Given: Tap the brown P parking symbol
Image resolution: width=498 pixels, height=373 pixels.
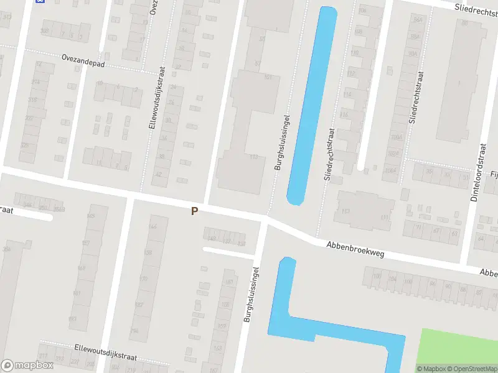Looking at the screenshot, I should [194, 211].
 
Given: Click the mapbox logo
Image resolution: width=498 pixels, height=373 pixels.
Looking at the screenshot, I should [27, 365].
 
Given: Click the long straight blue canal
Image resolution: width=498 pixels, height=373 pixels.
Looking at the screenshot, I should [309, 106].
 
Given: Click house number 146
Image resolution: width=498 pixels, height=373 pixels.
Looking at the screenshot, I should [153, 226].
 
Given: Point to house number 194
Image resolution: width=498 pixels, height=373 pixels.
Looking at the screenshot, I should [134, 330].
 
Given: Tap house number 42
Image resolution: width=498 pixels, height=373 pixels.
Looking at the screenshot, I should [158, 175].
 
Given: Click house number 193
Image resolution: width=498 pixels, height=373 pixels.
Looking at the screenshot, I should [72, 319].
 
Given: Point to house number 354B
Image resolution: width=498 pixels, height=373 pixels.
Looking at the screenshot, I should [59, 209].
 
